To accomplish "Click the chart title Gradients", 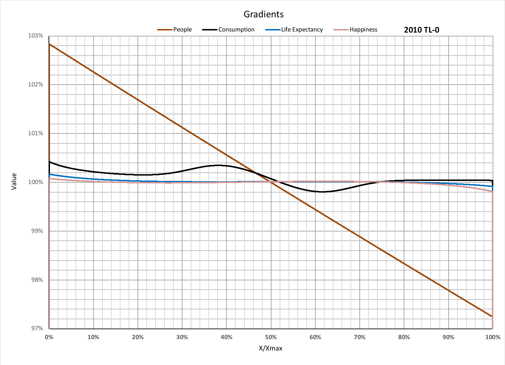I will [x=264, y=14].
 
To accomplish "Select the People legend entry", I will [x=182, y=30].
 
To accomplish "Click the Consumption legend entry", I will [x=236, y=30].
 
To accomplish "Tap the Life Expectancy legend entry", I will [x=302, y=30].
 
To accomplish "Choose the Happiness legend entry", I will [x=363, y=30].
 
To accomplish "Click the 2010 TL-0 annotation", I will [x=421, y=30].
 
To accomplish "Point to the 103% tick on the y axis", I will [x=35, y=36].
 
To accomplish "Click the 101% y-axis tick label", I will [x=35, y=133].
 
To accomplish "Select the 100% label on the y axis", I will [x=35, y=182].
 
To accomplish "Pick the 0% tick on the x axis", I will [x=49, y=337].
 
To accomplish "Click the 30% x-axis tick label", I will [x=182, y=337].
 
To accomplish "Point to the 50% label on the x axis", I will [x=271, y=337].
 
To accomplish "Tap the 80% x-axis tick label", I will [x=404, y=337].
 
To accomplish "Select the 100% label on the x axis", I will [x=493, y=337].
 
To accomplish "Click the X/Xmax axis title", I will [x=271, y=348].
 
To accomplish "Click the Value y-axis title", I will [x=14, y=181].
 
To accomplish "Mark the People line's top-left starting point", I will [x=49, y=44].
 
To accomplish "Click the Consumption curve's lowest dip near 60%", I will [x=322, y=192].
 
